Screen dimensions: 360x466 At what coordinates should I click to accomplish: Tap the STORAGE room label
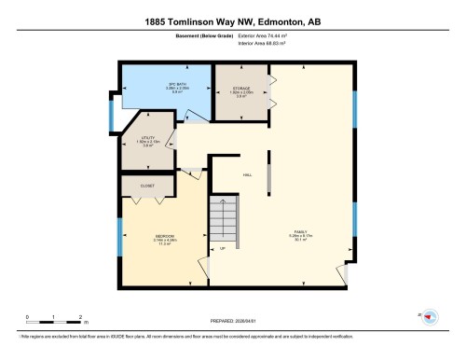(x=241, y=91)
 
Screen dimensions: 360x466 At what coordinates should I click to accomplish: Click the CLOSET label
(x=147, y=186)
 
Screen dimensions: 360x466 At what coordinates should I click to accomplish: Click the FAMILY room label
(x=301, y=238)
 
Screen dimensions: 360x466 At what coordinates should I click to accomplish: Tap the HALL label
(x=248, y=174)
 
